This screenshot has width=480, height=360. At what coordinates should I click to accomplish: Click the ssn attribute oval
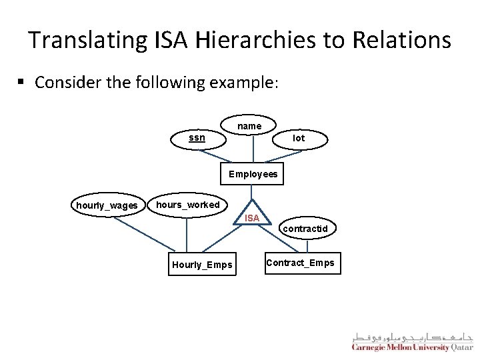click(x=197, y=138)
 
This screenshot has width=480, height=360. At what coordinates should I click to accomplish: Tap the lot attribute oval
click(x=299, y=138)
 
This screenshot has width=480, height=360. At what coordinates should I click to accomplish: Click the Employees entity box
click(x=253, y=174)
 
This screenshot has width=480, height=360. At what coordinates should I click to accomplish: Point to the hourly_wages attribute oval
click(x=107, y=205)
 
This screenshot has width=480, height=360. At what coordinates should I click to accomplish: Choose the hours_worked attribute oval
click(x=187, y=205)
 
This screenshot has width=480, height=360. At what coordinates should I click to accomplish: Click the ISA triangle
click(x=252, y=215)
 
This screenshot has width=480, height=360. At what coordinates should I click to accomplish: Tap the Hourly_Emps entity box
click(x=202, y=265)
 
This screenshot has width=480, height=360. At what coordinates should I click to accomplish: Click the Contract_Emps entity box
click(x=300, y=263)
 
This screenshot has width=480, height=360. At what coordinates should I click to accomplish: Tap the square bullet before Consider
click(x=21, y=82)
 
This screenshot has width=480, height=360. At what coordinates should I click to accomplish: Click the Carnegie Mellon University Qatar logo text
click(x=410, y=348)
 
